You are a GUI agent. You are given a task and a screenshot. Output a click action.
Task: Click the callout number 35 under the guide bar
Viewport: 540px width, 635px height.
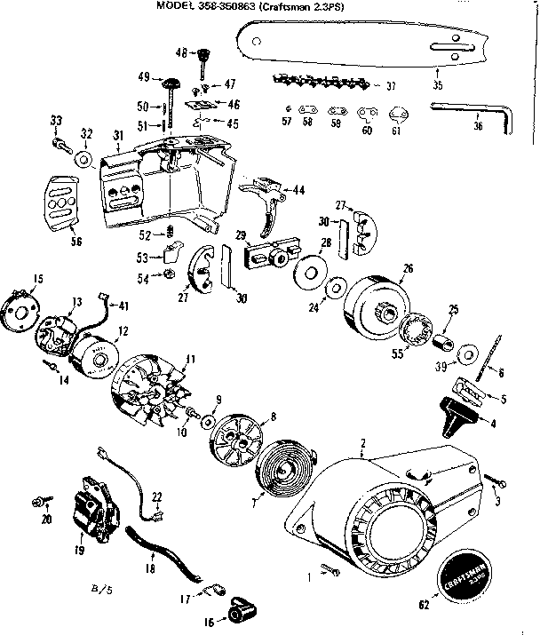[436, 86]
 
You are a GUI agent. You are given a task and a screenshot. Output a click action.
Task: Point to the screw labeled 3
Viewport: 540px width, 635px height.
[496, 483]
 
